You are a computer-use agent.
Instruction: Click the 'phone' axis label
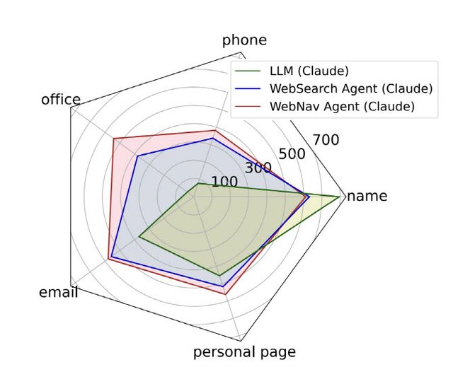pyautogui.click(x=244, y=40)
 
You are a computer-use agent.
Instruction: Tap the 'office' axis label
pyautogui.click(x=61, y=100)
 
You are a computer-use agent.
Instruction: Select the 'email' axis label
pyautogui.click(x=59, y=293)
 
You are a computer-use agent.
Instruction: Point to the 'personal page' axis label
pyautogui.click(x=244, y=352)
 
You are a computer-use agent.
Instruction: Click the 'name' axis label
pyautogui.click(x=367, y=196)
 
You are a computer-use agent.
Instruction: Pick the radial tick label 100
pyautogui.click(x=224, y=182)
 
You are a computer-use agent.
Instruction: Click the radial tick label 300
pyautogui.click(x=258, y=168)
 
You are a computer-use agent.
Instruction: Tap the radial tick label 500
pyautogui.click(x=292, y=153)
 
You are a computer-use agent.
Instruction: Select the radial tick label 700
pyautogui.click(x=326, y=140)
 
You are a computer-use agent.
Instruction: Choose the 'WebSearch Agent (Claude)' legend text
pyautogui.click(x=350, y=88)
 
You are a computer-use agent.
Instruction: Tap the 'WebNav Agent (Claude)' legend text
pyautogui.click(x=341, y=107)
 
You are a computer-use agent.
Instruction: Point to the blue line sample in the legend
pyautogui.click(x=249, y=88)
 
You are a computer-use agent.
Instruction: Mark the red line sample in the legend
pyautogui.click(x=249, y=107)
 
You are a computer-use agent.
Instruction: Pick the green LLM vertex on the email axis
pyautogui.click(x=139, y=237)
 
